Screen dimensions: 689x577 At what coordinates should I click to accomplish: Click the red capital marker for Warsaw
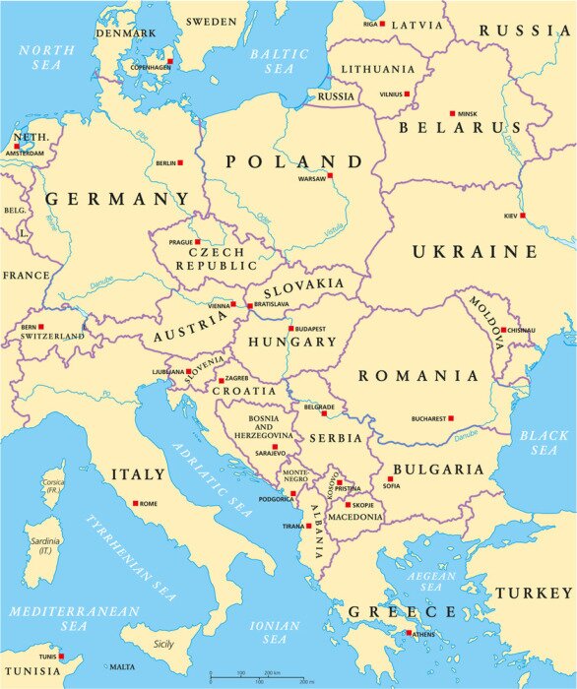click(330, 176)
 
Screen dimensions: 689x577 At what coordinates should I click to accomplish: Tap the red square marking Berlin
click(179, 162)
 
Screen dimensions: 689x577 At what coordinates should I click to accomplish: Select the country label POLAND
click(293, 161)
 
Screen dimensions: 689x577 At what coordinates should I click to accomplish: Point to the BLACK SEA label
click(545, 443)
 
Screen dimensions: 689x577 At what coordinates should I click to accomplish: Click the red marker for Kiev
click(523, 216)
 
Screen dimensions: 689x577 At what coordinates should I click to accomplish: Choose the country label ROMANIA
click(418, 376)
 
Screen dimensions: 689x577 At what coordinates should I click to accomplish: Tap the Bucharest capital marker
click(451, 418)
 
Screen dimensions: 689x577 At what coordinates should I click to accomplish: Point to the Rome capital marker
click(135, 503)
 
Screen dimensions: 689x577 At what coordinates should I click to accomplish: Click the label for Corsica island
click(54, 484)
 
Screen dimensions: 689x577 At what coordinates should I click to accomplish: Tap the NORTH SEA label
click(39, 56)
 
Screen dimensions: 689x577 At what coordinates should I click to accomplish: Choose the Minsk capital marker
click(452, 113)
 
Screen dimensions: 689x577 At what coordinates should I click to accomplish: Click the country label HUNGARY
click(292, 342)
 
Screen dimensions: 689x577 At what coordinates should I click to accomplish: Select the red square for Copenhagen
click(169, 61)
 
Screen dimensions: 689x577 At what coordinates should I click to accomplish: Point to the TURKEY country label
click(533, 593)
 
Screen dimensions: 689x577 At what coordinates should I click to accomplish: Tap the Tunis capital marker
click(61, 657)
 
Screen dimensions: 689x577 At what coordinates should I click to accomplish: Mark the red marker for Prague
click(197, 241)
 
